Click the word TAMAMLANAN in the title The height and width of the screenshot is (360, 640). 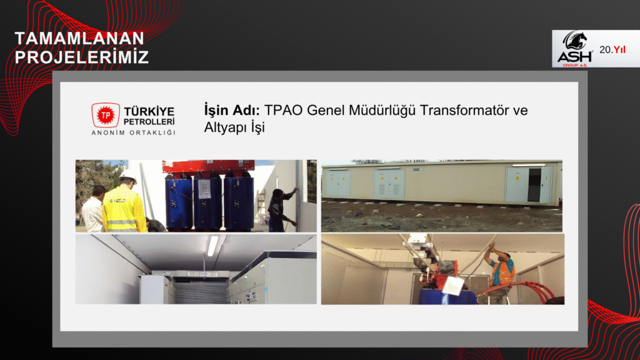pyautogui.click(x=79, y=38)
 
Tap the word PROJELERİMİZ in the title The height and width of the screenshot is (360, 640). pyautogui.click(x=82, y=57)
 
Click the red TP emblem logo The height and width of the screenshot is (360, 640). pyautogui.click(x=106, y=115)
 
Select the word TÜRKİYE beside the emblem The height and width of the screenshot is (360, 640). pyautogui.click(x=149, y=111)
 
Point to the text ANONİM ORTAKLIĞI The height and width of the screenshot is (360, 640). pyautogui.click(x=134, y=132)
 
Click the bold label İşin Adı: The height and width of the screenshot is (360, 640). pyautogui.click(x=232, y=110)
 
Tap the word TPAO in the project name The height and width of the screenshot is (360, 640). pyautogui.click(x=284, y=110)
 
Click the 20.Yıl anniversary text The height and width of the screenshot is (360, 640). pyautogui.click(x=612, y=50)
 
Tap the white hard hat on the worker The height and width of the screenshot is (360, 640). pyautogui.click(x=129, y=176)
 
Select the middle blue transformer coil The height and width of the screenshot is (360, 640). pyautogui.click(x=207, y=203)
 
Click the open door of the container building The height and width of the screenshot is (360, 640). pyautogui.click(x=534, y=185)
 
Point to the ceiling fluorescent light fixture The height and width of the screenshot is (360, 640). pyautogui.click(x=212, y=246)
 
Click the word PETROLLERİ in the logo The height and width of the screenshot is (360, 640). pyautogui.click(x=149, y=122)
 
